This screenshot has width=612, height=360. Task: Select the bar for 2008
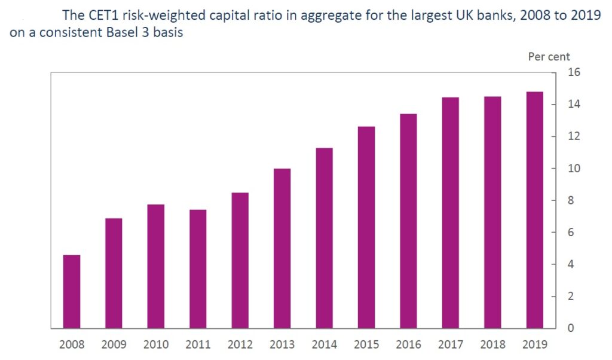click(72, 292)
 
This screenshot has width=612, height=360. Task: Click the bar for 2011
click(198, 269)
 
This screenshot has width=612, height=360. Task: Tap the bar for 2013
click(282, 249)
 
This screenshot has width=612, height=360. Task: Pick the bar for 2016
click(408, 221)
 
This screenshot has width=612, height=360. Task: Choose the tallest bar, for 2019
click(535, 210)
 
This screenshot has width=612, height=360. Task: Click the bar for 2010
click(156, 267)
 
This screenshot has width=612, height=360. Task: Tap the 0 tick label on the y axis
click(570, 328)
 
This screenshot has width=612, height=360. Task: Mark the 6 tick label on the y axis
click(570, 233)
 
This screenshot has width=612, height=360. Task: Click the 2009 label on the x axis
click(114, 345)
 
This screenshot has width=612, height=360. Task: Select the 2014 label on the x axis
click(324, 345)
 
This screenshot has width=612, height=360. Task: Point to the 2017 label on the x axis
click(451, 345)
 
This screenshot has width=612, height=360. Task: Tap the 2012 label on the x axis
click(240, 345)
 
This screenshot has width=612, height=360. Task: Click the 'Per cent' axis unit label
click(549, 57)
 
